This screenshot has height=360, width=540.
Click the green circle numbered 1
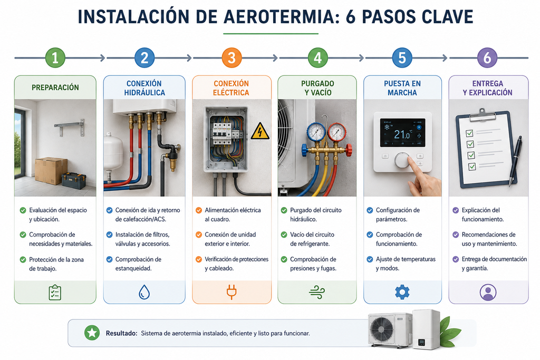click(x=55, y=57)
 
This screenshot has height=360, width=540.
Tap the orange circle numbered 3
click(x=232, y=57)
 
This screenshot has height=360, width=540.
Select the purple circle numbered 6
click(x=487, y=57)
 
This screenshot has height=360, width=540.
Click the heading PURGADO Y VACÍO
click(x=317, y=88)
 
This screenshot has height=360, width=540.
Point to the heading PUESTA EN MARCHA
click(x=402, y=88)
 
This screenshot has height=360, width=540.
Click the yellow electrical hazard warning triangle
click(x=260, y=131)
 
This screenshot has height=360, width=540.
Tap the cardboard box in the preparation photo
click(x=51, y=171)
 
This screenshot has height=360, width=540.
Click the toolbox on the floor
click(x=74, y=180)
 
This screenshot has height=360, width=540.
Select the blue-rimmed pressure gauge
click(x=316, y=132)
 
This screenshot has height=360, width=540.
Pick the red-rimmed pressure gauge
click(x=337, y=132)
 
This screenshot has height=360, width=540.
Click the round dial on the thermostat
click(x=402, y=160)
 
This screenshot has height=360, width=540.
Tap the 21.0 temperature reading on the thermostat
click(x=402, y=134)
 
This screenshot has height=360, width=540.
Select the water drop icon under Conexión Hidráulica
click(x=144, y=292)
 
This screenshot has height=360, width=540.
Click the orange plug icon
click(x=232, y=292)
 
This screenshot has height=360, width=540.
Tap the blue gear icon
click(x=402, y=292)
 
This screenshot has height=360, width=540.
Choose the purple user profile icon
click(x=488, y=293)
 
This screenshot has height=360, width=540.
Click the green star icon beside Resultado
click(x=92, y=333)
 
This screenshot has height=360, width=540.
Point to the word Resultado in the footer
click(x=121, y=333)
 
